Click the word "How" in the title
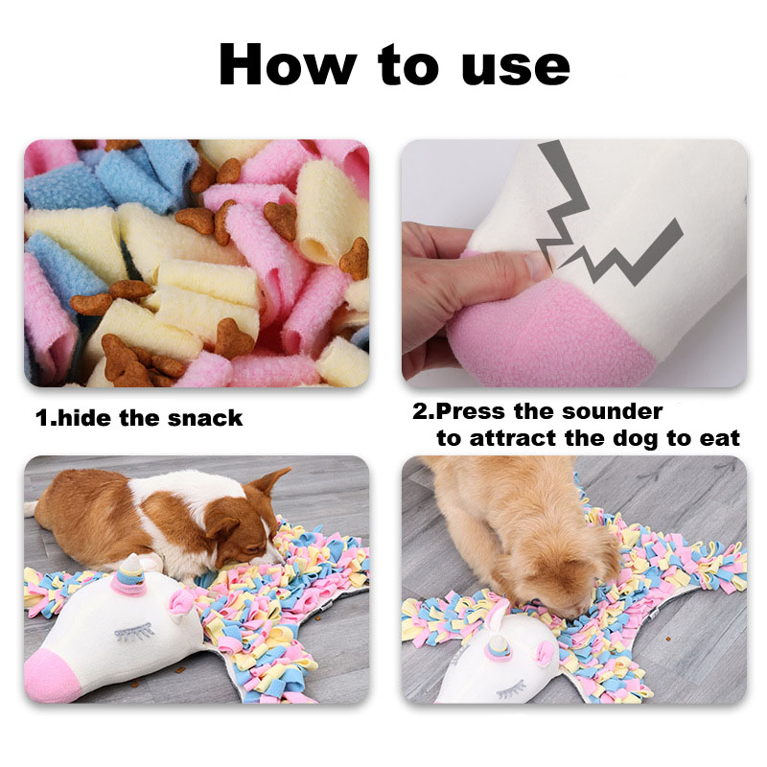click(x=288, y=64)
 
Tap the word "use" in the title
click(x=516, y=67)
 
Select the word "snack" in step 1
click(x=205, y=418)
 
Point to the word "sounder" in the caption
click(x=613, y=411)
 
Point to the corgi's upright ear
click(x=270, y=481)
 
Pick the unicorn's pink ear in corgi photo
click(x=181, y=601)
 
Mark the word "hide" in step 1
click(x=84, y=418)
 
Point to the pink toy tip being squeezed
click(x=547, y=333)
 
